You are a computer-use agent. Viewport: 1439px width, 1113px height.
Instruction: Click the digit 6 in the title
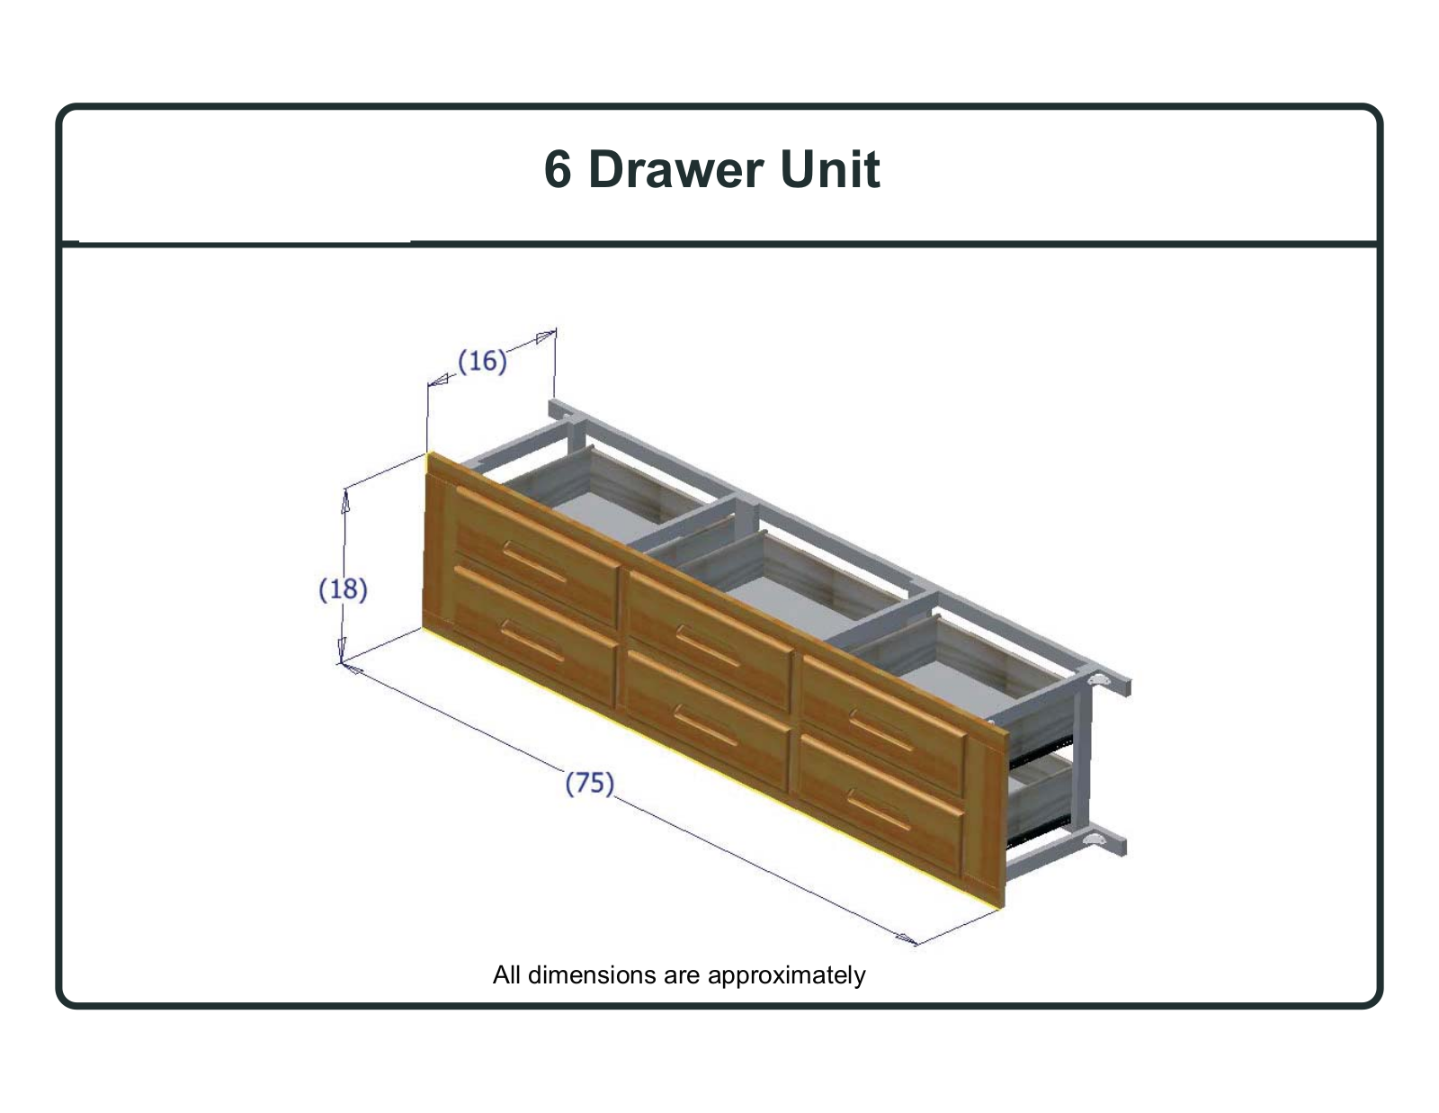coord(558,169)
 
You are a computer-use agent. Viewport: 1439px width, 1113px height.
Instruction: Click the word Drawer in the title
coord(676,169)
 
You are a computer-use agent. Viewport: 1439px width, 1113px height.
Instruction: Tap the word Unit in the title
coord(830,169)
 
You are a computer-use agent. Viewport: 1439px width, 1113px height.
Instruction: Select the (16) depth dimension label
coord(482,361)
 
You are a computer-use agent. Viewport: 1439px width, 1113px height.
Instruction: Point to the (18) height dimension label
coord(343,589)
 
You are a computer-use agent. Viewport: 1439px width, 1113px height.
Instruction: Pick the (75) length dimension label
coord(589,783)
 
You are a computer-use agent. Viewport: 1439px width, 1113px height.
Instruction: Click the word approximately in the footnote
coord(787,976)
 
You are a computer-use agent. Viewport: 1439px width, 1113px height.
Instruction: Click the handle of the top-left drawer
coord(534,561)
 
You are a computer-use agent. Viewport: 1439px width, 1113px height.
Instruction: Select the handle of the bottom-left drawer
coord(532,641)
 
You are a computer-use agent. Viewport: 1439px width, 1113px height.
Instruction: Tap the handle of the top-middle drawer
coord(707,646)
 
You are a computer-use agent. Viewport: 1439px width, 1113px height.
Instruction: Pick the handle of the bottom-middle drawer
coord(705,725)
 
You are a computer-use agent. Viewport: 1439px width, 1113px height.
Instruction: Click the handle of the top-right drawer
coord(880,731)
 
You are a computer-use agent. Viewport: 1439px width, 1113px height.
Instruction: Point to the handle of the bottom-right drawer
coord(879,811)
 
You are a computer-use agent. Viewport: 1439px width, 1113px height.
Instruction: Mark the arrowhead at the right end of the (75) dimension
coord(907,938)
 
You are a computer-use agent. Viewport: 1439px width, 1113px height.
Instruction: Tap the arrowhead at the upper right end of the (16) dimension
coord(545,337)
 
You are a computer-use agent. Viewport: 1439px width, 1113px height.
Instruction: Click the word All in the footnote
coord(507,975)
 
